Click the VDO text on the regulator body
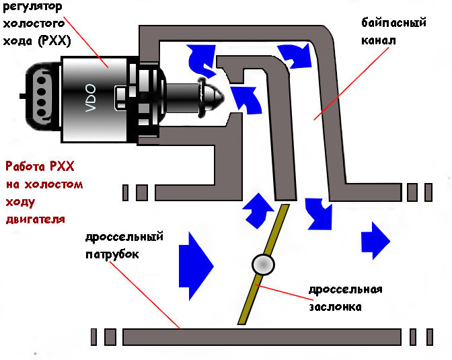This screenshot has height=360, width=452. tap(91, 98)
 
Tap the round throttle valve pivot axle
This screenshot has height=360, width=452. tap(263, 264)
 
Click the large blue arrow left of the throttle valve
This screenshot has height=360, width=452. tap(196, 266)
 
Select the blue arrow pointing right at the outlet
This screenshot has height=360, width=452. tap(375, 241)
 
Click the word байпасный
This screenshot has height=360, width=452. tap(393, 23)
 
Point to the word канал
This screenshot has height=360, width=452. tap(379, 40)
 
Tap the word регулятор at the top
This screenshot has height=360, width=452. tap(32, 6)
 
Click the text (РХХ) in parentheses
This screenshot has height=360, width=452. tap(54, 41)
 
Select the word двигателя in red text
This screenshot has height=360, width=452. tap(36, 220)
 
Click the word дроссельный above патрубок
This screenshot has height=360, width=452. tap(124, 237)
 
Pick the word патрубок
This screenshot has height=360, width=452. tap(112, 255)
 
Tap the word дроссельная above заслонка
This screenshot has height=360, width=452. tap(346, 289)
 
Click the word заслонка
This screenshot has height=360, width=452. tap(335, 307)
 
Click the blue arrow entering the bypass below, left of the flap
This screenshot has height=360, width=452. tap(258, 211)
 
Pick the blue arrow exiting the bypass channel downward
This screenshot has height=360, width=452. tap(319, 214)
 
